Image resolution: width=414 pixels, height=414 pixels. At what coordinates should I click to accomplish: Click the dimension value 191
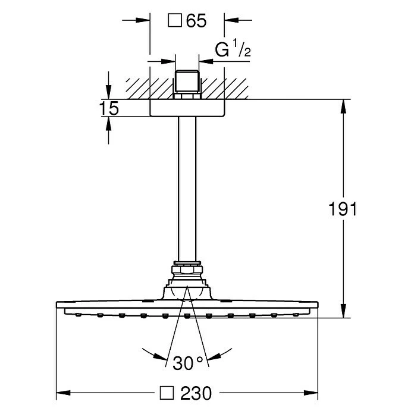[x=343, y=209]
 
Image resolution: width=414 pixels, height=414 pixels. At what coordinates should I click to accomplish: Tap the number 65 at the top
[x=196, y=21]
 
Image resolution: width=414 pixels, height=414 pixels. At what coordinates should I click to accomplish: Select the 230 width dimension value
[x=196, y=393]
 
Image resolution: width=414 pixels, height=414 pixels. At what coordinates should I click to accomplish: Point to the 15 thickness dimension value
[x=109, y=108]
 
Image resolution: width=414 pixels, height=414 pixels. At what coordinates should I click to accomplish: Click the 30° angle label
[x=187, y=363]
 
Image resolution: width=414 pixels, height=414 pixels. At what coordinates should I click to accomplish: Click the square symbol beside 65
[x=175, y=21]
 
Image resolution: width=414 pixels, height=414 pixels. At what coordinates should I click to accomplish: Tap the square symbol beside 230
[x=167, y=393]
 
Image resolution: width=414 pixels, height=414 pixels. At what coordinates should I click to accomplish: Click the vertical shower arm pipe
[x=187, y=189]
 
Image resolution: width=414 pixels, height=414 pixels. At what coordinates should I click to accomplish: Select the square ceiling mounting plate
[x=187, y=108]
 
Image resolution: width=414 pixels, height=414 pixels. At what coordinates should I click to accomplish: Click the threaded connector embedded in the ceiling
[x=187, y=84]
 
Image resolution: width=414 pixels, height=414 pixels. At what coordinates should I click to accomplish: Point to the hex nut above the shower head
[x=187, y=269]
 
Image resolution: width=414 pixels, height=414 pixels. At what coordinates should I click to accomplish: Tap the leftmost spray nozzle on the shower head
[x=78, y=315]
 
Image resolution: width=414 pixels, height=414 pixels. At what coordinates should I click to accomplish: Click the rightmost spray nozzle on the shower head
[x=296, y=315]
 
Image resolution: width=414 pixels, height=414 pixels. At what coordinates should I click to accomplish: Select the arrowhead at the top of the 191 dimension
[x=343, y=106]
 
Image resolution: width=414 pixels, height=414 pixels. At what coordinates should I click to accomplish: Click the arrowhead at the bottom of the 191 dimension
[x=343, y=310]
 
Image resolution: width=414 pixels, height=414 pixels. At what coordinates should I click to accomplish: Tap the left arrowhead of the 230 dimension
[x=64, y=393]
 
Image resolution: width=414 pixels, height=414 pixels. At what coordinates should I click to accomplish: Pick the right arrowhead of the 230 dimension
[x=310, y=393]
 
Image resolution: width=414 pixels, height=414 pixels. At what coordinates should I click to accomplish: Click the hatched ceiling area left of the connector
[x=149, y=89]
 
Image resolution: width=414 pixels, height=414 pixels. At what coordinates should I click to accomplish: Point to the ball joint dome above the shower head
[x=187, y=293]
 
